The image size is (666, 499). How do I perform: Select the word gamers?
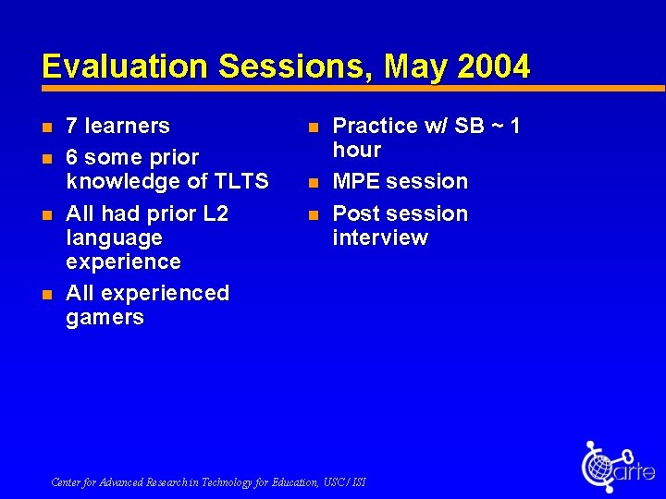coord(105,318)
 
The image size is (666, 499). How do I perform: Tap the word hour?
coord(357,150)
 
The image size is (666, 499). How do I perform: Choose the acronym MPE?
coord(358,181)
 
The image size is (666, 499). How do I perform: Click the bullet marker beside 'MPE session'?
coord(313,182)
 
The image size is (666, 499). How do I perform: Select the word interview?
coord(380,237)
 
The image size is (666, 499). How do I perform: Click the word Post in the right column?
coord(357,213)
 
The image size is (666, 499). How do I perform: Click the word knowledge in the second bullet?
coord(126,181)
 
